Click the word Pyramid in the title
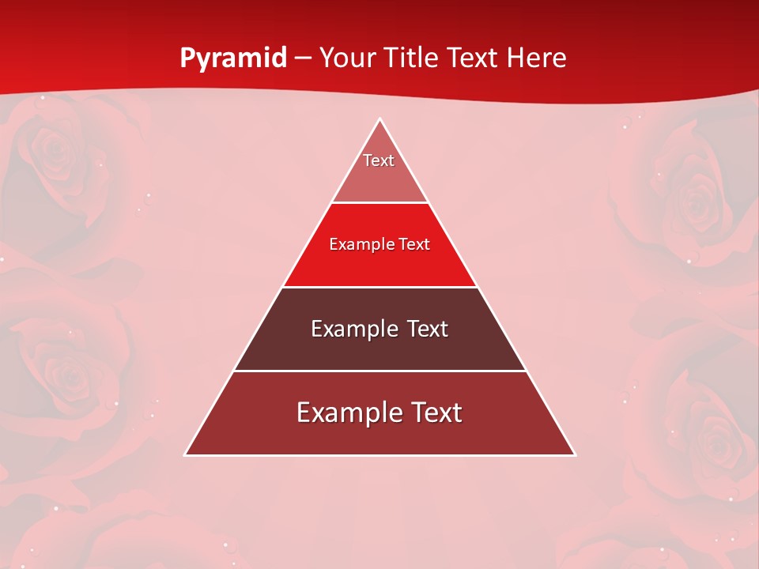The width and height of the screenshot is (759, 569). (233, 58)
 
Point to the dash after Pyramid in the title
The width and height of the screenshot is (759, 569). (303, 58)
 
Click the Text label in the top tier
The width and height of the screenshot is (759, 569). (379, 160)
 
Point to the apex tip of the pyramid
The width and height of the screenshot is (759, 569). (379, 119)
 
